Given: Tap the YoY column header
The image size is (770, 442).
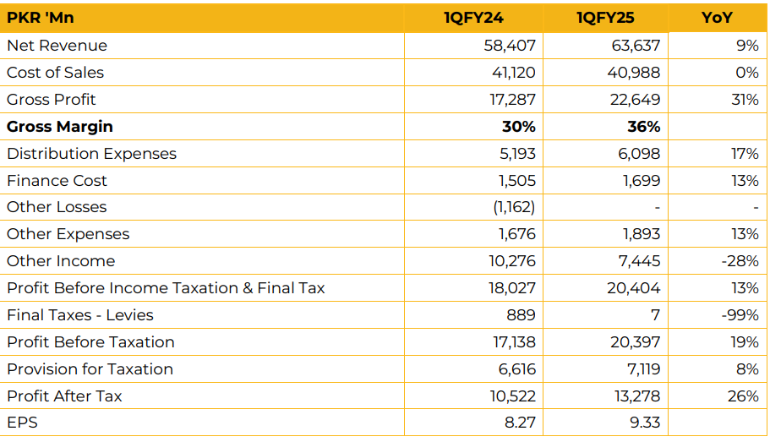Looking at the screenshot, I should pyautogui.click(x=718, y=18).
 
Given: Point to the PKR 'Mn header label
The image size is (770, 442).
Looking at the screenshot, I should pyautogui.click(x=40, y=18).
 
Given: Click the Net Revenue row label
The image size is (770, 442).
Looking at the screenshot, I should pyautogui.click(x=57, y=46).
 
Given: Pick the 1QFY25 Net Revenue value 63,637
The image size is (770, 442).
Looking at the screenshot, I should pyautogui.click(x=636, y=46).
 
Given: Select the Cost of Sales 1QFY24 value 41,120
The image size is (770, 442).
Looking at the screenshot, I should pyautogui.click(x=513, y=73).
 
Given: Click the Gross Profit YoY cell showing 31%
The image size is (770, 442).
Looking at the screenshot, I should pyautogui.click(x=745, y=100).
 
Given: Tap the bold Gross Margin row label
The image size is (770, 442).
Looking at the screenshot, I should pyautogui.click(x=59, y=127).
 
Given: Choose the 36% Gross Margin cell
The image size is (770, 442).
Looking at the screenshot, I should pyautogui.click(x=643, y=127).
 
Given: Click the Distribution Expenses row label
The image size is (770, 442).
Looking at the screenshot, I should pyautogui.click(x=91, y=154).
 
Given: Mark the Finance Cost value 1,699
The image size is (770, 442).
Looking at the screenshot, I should pyautogui.click(x=641, y=181).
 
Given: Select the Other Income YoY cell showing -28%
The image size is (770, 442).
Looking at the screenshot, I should pyautogui.click(x=740, y=261).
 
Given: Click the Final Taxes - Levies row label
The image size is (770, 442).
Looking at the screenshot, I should pyautogui.click(x=80, y=315).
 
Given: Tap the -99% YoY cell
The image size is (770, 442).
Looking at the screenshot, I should pyautogui.click(x=740, y=315).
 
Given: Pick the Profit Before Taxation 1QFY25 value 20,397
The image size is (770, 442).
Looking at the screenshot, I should pyautogui.click(x=634, y=342).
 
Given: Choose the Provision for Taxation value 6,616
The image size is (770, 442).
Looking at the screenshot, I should pyautogui.click(x=516, y=369).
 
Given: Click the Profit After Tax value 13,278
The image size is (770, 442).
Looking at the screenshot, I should pyautogui.click(x=636, y=396).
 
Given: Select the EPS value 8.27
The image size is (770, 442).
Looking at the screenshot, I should pyautogui.click(x=521, y=423).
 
